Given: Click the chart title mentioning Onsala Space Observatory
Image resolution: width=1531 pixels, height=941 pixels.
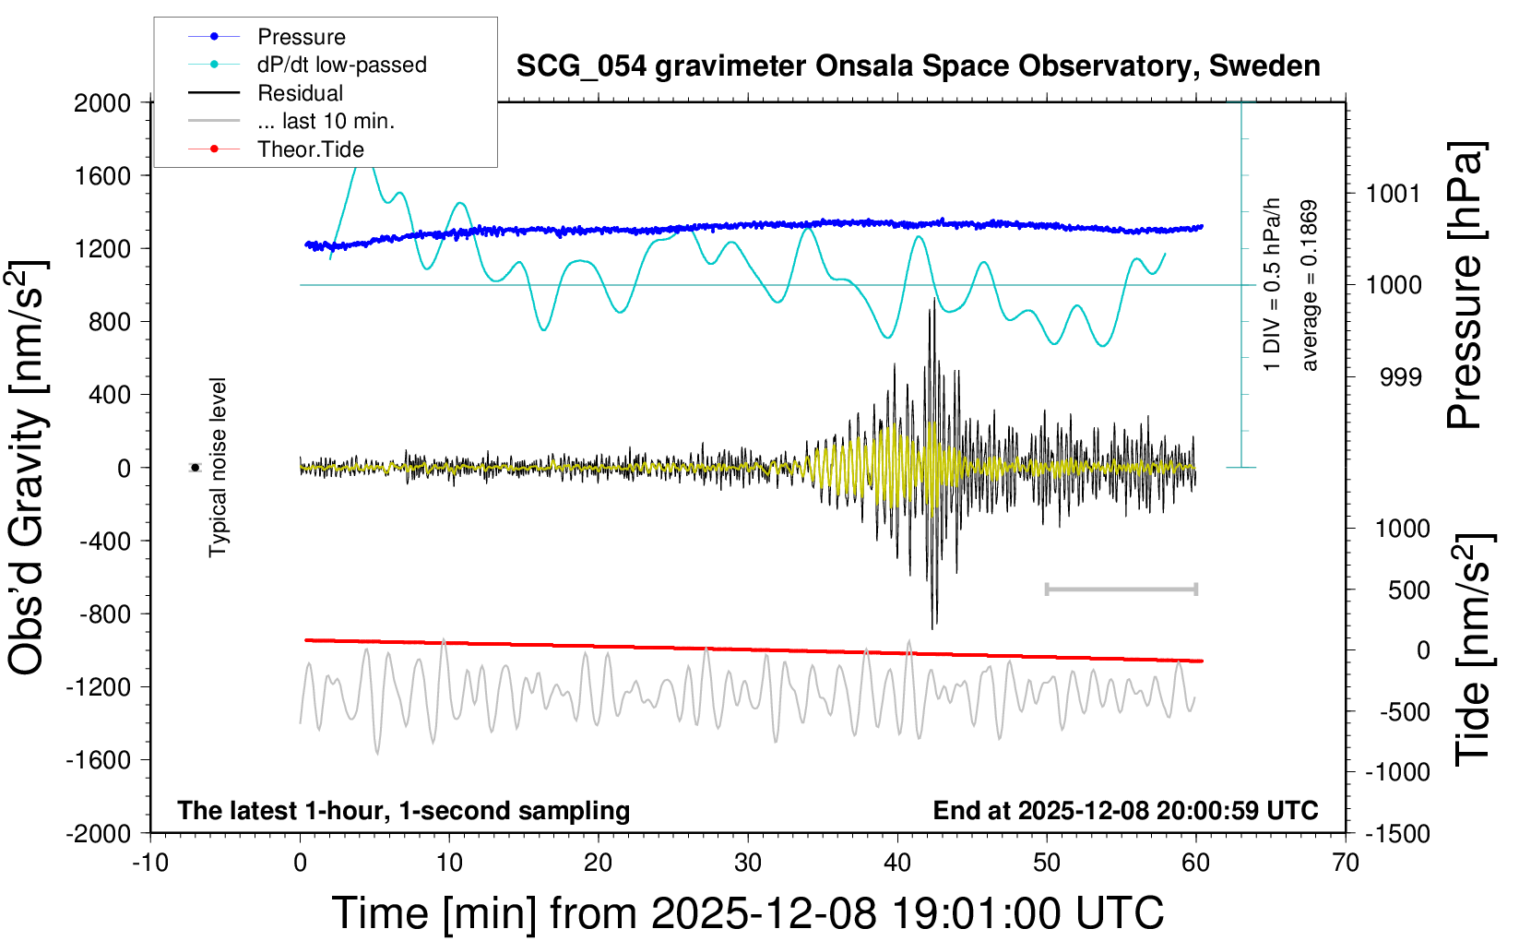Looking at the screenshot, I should (x=918, y=66).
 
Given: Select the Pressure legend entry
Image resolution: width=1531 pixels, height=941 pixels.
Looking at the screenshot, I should (x=301, y=37).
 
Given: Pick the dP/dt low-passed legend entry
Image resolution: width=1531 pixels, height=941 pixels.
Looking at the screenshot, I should (x=341, y=65).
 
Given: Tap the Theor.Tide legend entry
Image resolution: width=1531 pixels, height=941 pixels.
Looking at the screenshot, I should (x=310, y=149).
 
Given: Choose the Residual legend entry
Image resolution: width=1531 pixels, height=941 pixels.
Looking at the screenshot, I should (x=300, y=93).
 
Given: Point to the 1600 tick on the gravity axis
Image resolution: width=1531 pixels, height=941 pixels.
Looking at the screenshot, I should (x=102, y=175).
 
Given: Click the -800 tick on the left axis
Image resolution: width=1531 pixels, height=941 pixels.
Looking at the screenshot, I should (x=104, y=613).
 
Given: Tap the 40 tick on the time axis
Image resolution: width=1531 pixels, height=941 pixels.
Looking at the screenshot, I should (x=897, y=864).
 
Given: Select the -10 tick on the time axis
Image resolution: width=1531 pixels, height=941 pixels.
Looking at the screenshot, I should (x=150, y=864).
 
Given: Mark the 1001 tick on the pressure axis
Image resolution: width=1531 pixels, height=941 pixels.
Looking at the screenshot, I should (x=1393, y=194).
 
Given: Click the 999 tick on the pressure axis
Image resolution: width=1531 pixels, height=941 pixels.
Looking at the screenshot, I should (x=1400, y=377).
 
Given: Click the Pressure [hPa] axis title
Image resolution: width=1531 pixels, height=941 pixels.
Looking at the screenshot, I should (x=1466, y=286).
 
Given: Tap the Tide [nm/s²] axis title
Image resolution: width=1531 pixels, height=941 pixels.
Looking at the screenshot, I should (x=1473, y=649).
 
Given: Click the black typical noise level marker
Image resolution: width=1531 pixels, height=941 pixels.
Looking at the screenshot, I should (x=195, y=468).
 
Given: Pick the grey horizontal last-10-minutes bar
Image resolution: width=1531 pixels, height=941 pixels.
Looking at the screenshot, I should (x=1121, y=589).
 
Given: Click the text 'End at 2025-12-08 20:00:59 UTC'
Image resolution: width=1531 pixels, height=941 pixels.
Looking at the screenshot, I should (x=1125, y=811).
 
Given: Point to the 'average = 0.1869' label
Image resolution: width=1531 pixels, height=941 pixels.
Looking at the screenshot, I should (x=1310, y=286).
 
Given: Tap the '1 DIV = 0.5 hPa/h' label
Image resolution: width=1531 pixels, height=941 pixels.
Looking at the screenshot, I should (x=1273, y=284).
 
